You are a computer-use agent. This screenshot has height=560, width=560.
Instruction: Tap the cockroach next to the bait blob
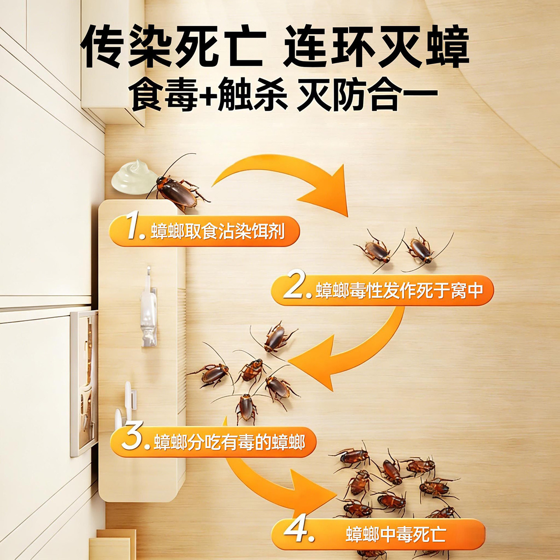coord(178,189)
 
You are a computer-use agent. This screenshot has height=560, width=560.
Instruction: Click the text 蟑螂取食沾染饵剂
coord(217,231)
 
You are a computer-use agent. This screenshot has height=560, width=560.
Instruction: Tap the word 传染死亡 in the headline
coord(173,47)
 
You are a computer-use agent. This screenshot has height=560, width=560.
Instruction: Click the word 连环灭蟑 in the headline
coord(376,47)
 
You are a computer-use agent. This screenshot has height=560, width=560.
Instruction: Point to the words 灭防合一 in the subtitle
coord(367,96)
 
